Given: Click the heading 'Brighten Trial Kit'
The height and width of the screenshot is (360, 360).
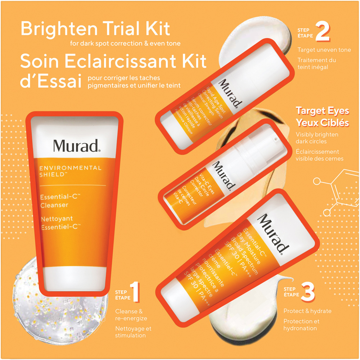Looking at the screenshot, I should click(x=95, y=29).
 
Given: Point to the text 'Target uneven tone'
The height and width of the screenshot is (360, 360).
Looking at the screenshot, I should click(x=324, y=50).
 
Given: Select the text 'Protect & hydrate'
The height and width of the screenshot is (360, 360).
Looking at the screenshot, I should click(x=307, y=311).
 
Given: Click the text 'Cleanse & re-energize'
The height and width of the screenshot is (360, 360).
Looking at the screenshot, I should click(x=131, y=315).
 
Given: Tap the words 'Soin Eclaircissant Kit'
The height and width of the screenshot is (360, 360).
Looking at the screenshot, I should click(x=113, y=62).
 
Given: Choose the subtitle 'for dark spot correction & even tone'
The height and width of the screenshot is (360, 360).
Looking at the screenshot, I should click(x=126, y=44).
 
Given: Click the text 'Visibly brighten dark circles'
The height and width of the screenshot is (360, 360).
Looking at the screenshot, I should click(x=317, y=138).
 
